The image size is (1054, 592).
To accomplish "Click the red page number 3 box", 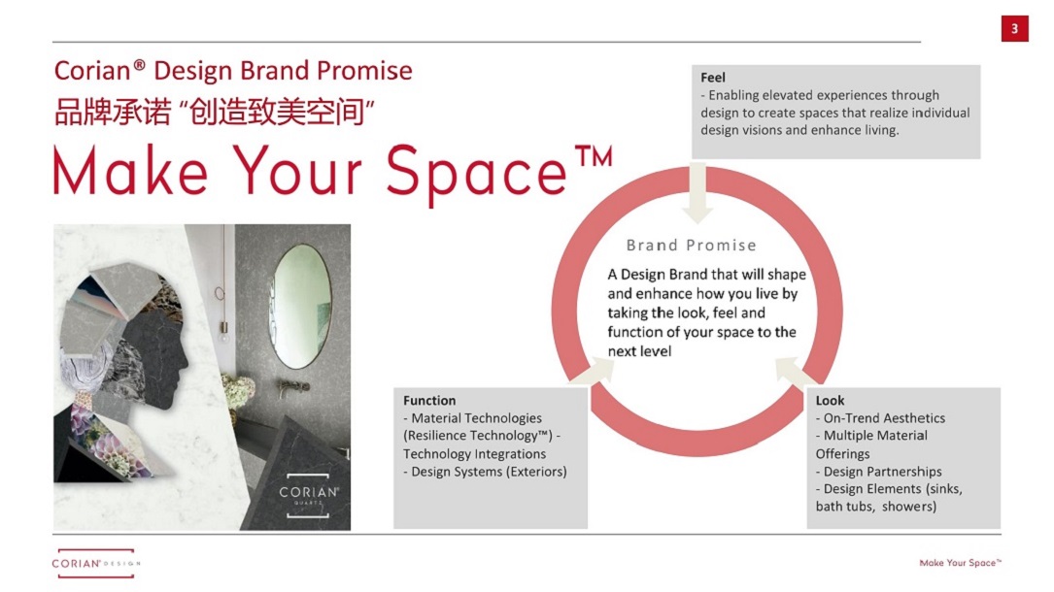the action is click(x=1014, y=28).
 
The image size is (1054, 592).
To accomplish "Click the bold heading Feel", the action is click(x=712, y=78).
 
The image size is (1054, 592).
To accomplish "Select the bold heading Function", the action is click(x=429, y=400).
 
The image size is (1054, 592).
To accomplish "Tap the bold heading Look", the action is click(x=830, y=400).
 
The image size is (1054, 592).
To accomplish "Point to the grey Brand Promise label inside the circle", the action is click(x=691, y=245).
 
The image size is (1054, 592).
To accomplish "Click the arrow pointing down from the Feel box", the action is click(x=697, y=192).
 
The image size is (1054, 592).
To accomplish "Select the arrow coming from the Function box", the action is click(x=593, y=371).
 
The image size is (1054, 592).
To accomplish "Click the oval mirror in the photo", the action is click(x=300, y=306).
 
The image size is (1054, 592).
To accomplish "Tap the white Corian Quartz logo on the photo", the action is click(x=309, y=495).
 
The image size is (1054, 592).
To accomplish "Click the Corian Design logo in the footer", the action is click(x=96, y=563).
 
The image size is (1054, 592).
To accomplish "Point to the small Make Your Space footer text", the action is click(x=960, y=563).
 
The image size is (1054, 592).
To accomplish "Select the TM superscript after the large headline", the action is click(x=594, y=156).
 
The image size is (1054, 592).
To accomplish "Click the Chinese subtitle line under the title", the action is click(x=214, y=112).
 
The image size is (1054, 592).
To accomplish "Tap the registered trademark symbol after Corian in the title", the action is click(x=139, y=64).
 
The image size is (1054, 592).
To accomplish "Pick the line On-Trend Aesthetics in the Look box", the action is click(x=880, y=418).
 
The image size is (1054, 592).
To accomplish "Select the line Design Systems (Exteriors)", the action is click(x=486, y=472).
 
